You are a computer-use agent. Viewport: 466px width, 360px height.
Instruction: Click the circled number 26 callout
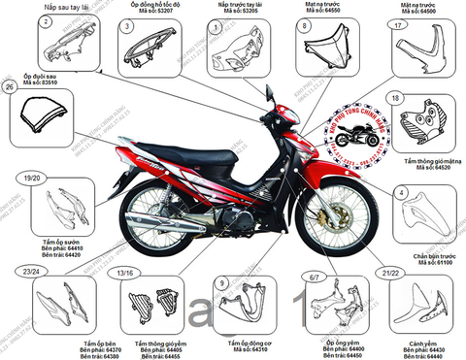click(10, 87)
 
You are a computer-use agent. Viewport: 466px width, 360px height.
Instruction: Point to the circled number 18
click(395, 99)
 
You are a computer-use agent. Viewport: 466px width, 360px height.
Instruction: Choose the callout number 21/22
click(392, 275)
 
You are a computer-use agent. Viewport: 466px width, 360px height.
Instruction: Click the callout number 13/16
click(124, 276)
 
